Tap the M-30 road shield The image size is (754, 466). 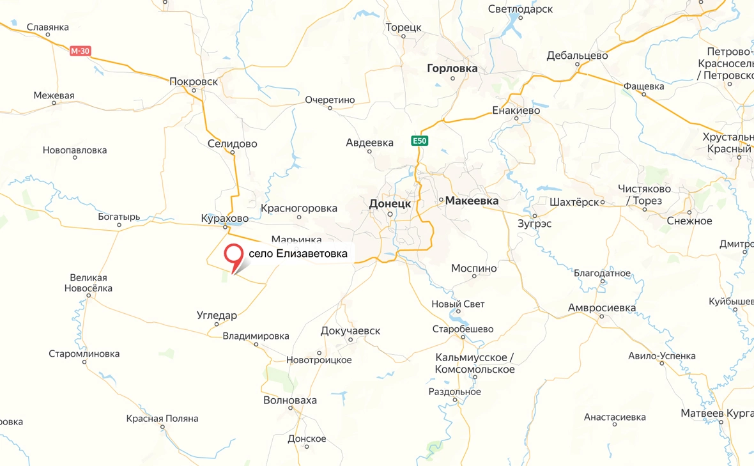click(79, 51)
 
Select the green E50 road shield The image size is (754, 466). click(419, 141)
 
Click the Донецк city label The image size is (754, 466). click(390, 203)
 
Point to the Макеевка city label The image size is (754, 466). click(472, 201)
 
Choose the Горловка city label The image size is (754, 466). click(452, 68)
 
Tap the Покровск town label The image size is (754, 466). click(194, 82)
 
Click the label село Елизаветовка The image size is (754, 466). click(298, 254)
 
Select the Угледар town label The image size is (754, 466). click(217, 316)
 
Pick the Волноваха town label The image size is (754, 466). click(289, 401)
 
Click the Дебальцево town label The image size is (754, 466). click(577, 56)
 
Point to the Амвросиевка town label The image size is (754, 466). click(602, 308)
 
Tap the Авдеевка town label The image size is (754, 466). click(369, 143)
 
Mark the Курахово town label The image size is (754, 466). click(224, 219)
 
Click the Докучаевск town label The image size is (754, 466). click(351, 330)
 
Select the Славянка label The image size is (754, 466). click(48, 27)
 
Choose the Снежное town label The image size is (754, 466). click(689, 221)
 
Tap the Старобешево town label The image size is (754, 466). click(463, 329)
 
